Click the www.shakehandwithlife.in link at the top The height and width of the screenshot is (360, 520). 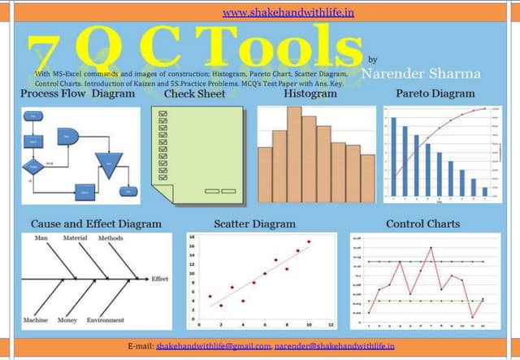[x=259, y=13]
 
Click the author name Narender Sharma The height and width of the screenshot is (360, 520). [x=420, y=74]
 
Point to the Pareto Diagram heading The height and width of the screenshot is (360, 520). [x=435, y=94]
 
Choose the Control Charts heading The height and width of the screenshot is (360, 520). [x=422, y=223]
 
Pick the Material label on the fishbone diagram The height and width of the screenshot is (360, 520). [x=75, y=238]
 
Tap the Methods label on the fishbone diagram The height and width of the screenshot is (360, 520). [x=110, y=238]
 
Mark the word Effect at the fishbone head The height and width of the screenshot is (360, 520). [x=160, y=279]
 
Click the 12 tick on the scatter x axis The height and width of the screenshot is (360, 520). [x=331, y=324]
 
